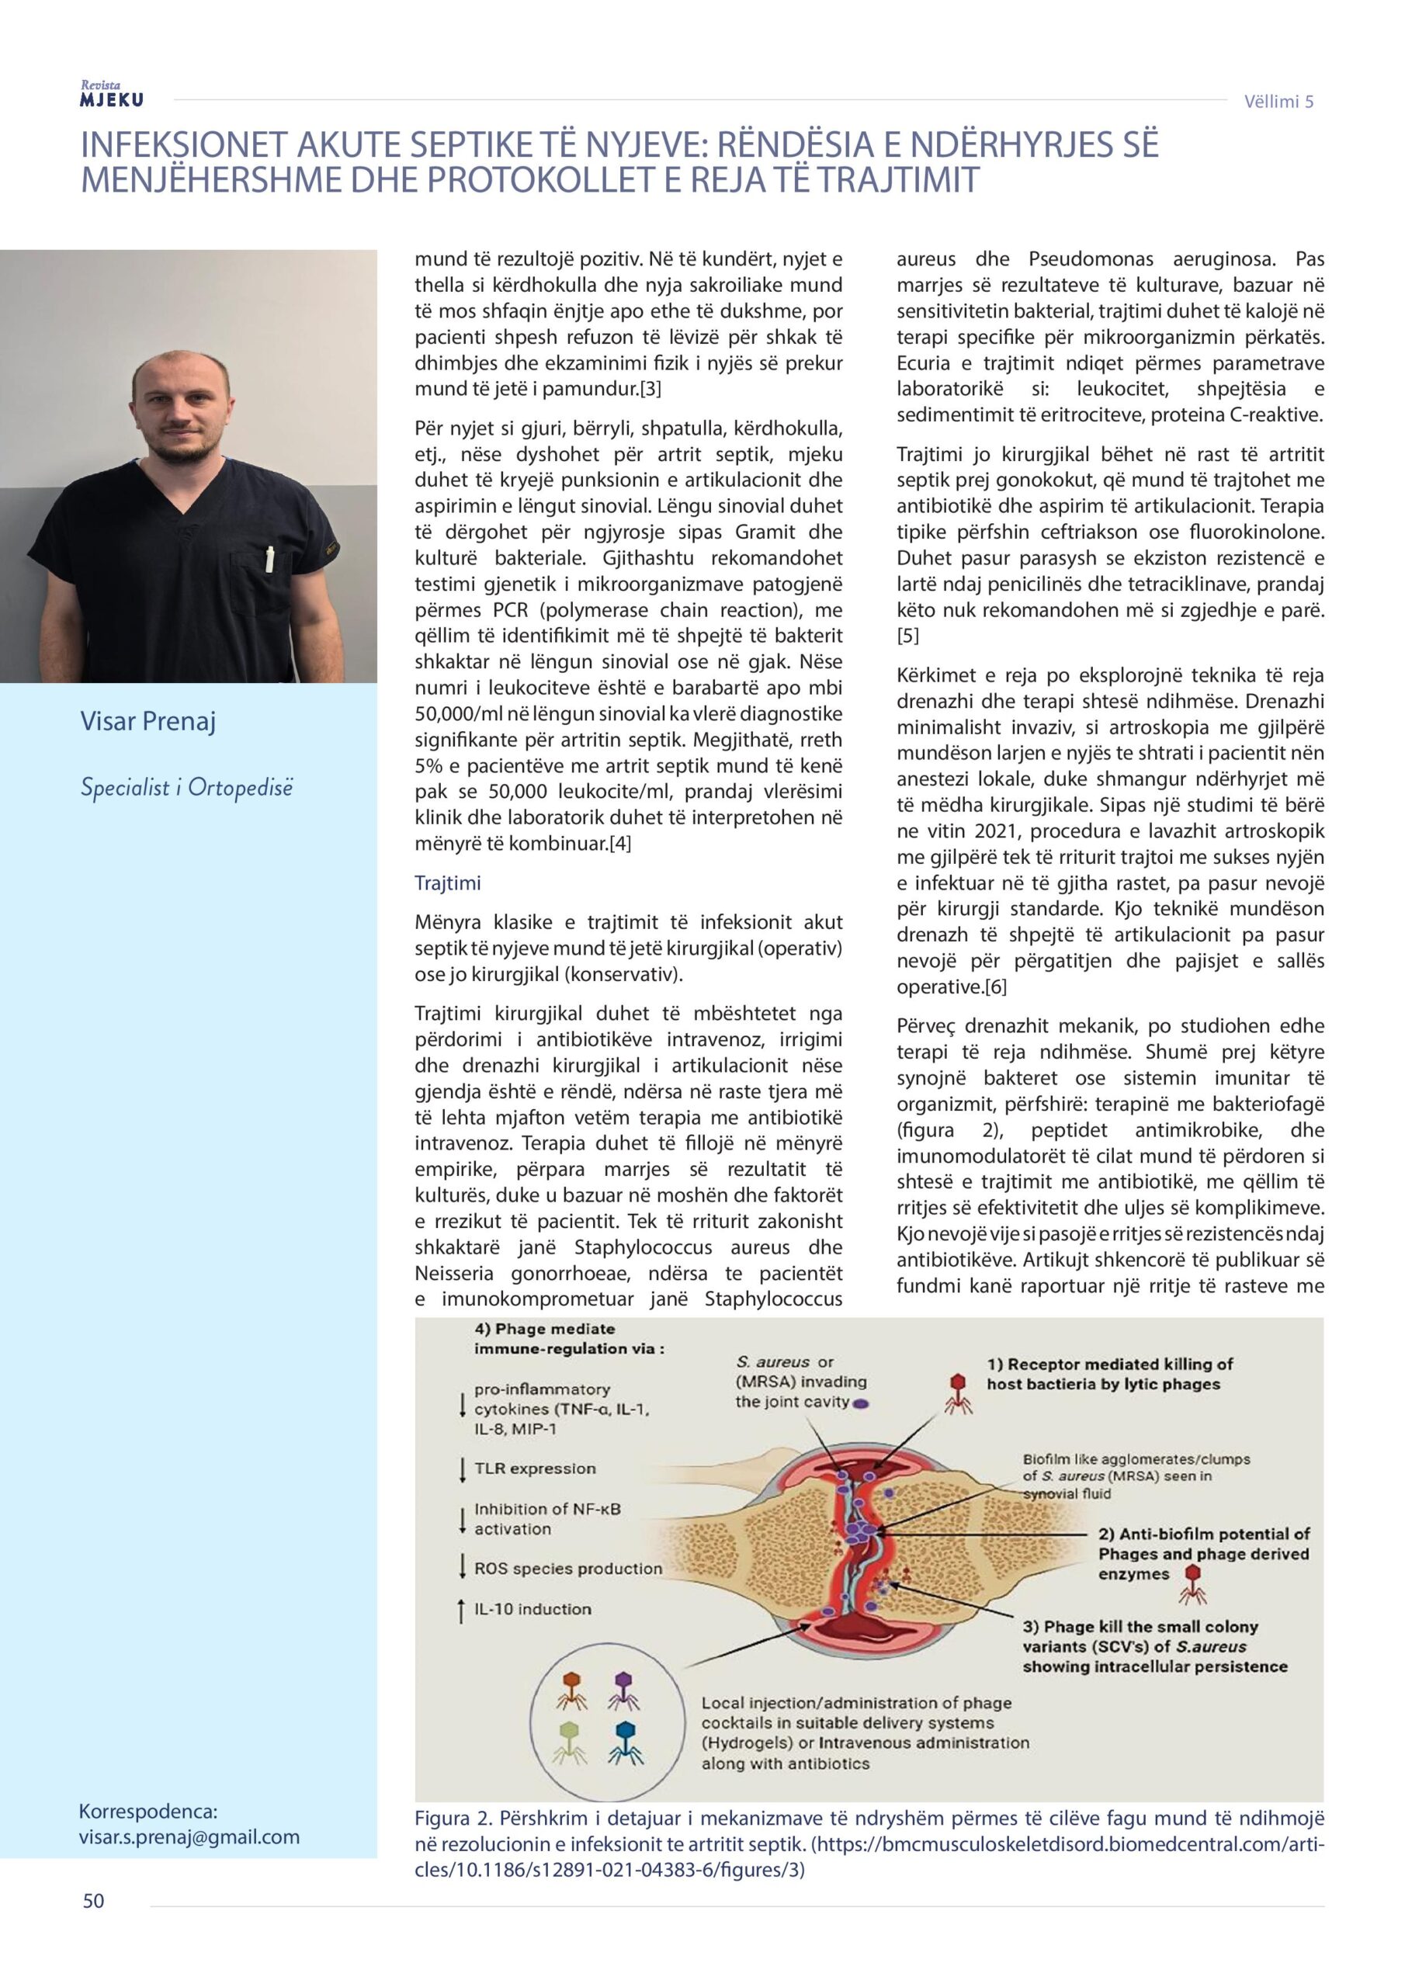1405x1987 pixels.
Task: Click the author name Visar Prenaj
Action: coord(148,721)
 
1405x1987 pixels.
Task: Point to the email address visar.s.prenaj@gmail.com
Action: coord(189,1836)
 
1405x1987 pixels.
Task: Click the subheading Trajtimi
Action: coord(448,883)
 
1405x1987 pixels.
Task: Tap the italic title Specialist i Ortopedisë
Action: coord(186,788)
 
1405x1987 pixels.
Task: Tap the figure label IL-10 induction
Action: coord(533,1609)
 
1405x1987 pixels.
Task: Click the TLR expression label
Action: coord(535,1469)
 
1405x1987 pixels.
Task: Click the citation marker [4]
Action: coord(619,843)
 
